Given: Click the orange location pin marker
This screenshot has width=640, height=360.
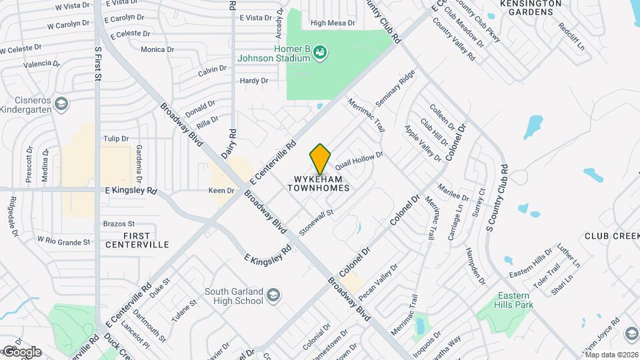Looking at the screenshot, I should (320, 159).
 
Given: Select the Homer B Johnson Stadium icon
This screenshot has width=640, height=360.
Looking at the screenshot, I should (321, 52).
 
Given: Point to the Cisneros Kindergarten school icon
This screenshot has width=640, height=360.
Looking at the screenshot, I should (61, 104).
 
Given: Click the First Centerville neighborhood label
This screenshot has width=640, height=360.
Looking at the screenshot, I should (137, 241).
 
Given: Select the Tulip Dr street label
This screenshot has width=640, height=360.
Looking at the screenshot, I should (115, 139).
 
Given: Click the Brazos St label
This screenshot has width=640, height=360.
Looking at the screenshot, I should (119, 223).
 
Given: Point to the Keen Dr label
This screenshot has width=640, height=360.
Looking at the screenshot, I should (221, 191).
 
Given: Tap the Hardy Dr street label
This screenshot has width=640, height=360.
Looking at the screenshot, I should (253, 81).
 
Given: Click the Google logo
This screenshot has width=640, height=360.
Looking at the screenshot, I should (21, 351).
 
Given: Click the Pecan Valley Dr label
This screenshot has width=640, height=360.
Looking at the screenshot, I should (378, 281).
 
